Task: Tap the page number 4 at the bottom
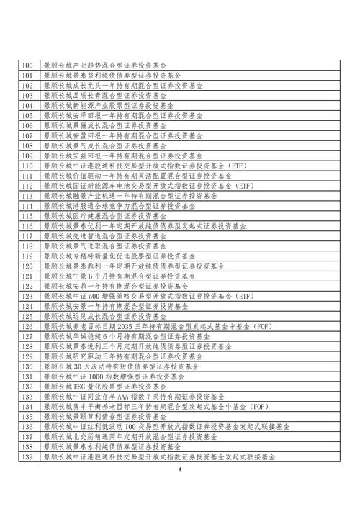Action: point(181,470)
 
